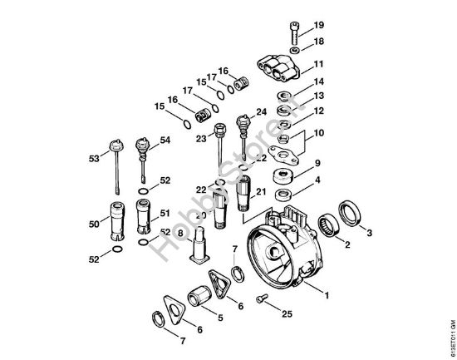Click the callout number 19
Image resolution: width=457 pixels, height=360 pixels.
click(320, 26)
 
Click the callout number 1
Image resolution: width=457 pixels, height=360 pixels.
click(327, 293)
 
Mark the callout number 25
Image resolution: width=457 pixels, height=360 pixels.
click(287, 314)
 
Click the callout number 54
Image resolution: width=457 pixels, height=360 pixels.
click(165, 141)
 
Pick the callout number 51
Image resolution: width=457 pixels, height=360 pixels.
click(165, 213)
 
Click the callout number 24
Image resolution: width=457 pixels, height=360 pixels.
click(261, 111)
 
